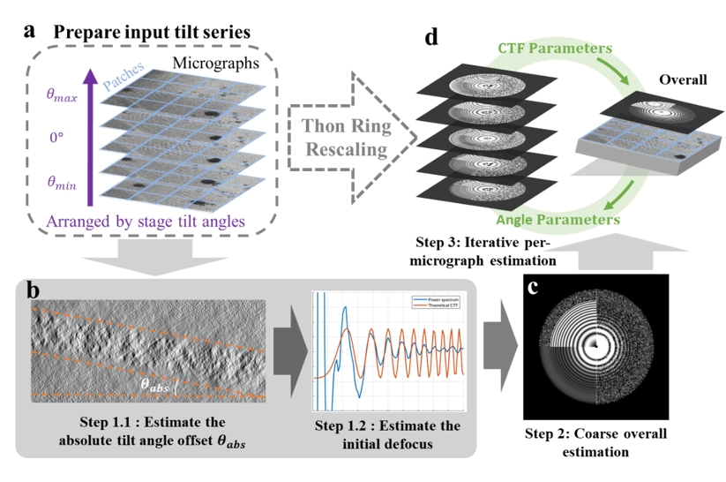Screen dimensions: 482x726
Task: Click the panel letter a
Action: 32,30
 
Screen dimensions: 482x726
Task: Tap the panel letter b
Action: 33,291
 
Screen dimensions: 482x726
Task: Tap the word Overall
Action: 683,79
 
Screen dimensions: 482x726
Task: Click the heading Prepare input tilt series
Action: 158,32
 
